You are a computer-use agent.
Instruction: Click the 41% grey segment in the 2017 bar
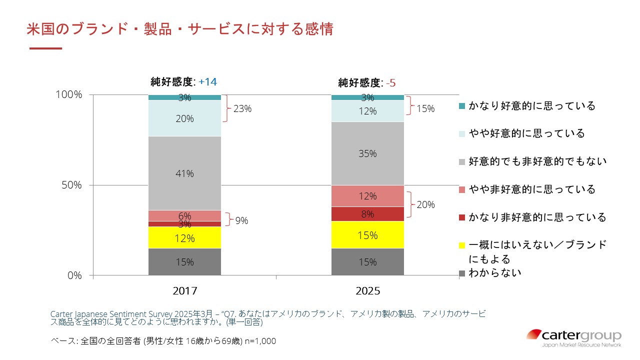pyautogui.click(x=184, y=173)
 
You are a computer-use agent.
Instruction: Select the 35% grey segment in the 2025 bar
pyautogui.click(x=367, y=154)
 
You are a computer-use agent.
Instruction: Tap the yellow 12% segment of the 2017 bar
pyautogui.click(x=184, y=238)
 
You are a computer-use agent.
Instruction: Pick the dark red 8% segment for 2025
pyautogui.click(x=367, y=214)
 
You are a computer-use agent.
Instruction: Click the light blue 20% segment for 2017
pyautogui.click(x=184, y=118)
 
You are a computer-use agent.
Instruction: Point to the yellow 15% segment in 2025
pyautogui.click(x=367, y=235)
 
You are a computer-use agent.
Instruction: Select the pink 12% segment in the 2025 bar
pyautogui.click(x=367, y=196)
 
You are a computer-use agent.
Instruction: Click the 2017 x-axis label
pyautogui.click(x=184, y=291)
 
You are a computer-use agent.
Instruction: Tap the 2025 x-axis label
pyautogui.click(x=367, y=291)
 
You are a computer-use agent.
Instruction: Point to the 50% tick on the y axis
pyautogui.click(x=71, y=185)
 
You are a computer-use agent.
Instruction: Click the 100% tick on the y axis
pyautogui.click(x=69, y=94)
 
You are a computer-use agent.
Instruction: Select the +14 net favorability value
pyautogui.click(x=207, y=82)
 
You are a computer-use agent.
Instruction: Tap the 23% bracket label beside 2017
pyautogui.click(x=241, y=108)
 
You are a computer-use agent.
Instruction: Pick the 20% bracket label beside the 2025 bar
pyautogui.click(x=425, y=204)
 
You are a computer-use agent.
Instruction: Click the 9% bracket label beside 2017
pyautogui.click(x=241, y=220)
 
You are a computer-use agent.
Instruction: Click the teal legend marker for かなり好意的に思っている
pyautogui.click(x=461, y=106)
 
